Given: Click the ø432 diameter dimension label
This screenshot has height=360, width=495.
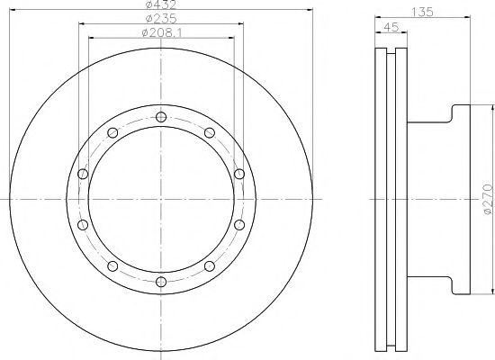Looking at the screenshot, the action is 161,4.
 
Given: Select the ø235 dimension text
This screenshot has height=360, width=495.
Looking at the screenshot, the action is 161,18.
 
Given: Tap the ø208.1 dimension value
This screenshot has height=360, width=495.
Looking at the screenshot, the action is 162,32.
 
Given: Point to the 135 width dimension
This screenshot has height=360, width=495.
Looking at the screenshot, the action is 423,12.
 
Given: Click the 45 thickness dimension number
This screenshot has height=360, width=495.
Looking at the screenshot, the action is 391,27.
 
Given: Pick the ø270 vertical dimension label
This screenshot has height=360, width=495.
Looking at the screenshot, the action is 488,199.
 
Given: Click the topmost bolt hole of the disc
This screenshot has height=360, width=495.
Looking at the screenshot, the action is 161,117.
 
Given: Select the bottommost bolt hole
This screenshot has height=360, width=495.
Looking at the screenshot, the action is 161,282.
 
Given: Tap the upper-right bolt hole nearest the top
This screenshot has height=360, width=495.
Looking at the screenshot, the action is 210,132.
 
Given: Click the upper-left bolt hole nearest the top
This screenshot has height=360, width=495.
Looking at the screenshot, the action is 112,132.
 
